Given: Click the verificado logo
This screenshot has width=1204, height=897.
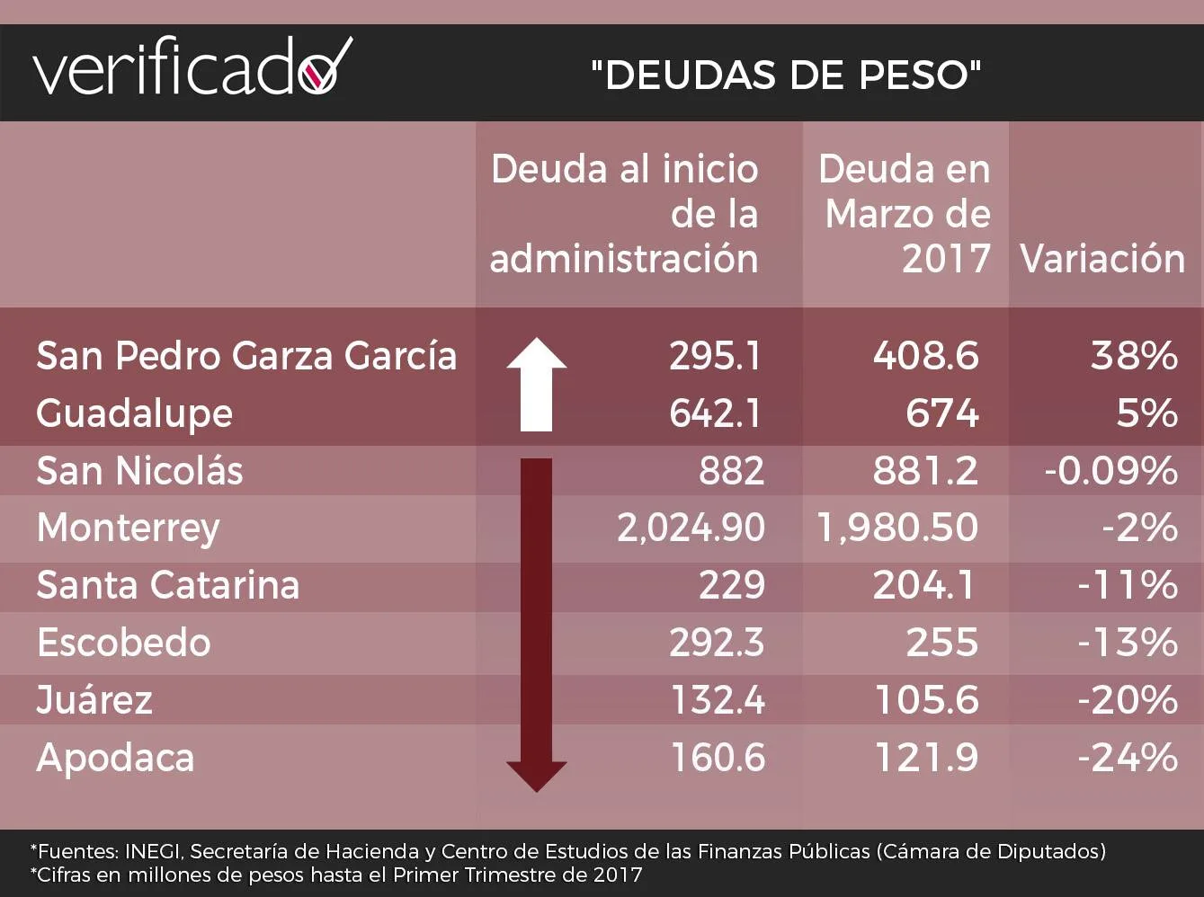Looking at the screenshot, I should (x=192, y=68).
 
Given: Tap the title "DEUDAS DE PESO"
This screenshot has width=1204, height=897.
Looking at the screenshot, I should (x=786, y=75).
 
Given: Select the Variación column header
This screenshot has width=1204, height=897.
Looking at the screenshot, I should (x=1102, y=259).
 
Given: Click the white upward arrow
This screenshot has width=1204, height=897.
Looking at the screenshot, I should (x=537, y=383).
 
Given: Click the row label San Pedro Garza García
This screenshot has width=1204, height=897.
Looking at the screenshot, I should (x=246, y=356).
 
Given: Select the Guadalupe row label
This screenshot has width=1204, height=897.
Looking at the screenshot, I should (x=134, y=413).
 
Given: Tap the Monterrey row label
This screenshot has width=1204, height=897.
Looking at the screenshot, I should (x=128, y=528).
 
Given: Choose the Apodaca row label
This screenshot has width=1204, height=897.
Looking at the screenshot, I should (x=115, y=758).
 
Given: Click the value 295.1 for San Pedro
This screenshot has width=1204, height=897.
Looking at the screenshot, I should (x=716, y=356).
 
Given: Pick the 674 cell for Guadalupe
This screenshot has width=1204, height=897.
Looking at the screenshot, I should (x=941, y=413).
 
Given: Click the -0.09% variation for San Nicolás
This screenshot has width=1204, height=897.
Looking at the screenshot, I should (x=1110, y=471).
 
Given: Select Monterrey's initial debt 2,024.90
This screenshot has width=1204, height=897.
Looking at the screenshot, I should (x=691, y=528).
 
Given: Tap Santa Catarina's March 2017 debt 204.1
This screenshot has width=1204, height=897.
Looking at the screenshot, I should (x=924, y=585).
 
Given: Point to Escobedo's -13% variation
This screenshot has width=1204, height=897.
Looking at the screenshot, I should (x=1128, y=643).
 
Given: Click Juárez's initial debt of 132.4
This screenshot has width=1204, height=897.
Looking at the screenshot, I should (x=718, y=700).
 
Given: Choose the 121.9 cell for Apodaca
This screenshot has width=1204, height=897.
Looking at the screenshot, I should (x=926, y=758).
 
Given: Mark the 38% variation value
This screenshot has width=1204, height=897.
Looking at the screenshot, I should (x=1134, y=356).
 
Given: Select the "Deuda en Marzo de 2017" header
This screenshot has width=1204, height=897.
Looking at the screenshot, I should (x=905, y=214).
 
